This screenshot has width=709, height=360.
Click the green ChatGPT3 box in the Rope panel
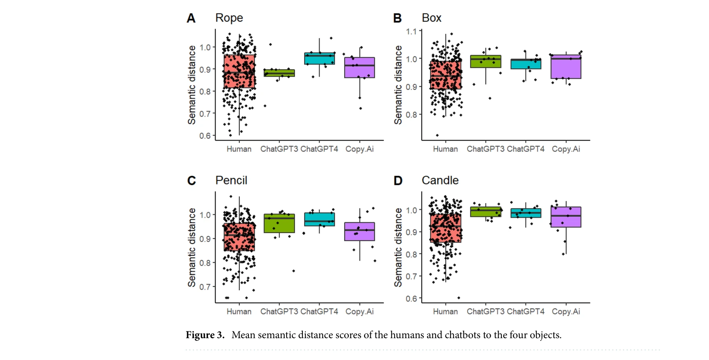tap(279, 73)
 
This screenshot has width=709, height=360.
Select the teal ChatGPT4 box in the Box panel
tap(526, 64)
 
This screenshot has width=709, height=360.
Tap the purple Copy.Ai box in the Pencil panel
tap(360, 231)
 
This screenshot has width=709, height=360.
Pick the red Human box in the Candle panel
tap(445, 228)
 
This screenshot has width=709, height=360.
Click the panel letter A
tap(191, 18)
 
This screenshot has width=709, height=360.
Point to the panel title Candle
tap(440, 180)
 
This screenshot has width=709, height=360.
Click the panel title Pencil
tap(231, 180)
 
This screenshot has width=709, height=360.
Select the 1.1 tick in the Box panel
tap(411, 31)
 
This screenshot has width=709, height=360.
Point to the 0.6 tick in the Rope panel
tap(205, 136)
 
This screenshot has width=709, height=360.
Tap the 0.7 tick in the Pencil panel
tap(205, 287)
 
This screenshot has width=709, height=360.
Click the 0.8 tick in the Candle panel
tap(411, 254)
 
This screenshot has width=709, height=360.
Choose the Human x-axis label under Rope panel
tap(239, 149)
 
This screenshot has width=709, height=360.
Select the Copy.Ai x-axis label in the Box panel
tap(566, 149)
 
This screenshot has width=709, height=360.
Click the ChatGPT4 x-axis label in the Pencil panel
tap(319, 312)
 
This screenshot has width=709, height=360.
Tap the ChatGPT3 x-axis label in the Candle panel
tap(485, 312)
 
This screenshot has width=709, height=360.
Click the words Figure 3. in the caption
tap(205, 335)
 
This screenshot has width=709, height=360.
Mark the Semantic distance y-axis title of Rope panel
tap(192, 85)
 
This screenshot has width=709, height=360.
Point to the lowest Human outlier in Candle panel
tap(459, 298)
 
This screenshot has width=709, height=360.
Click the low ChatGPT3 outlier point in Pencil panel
tap(293, 271)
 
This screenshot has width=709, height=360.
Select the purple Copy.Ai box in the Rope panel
tap(360, 67)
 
